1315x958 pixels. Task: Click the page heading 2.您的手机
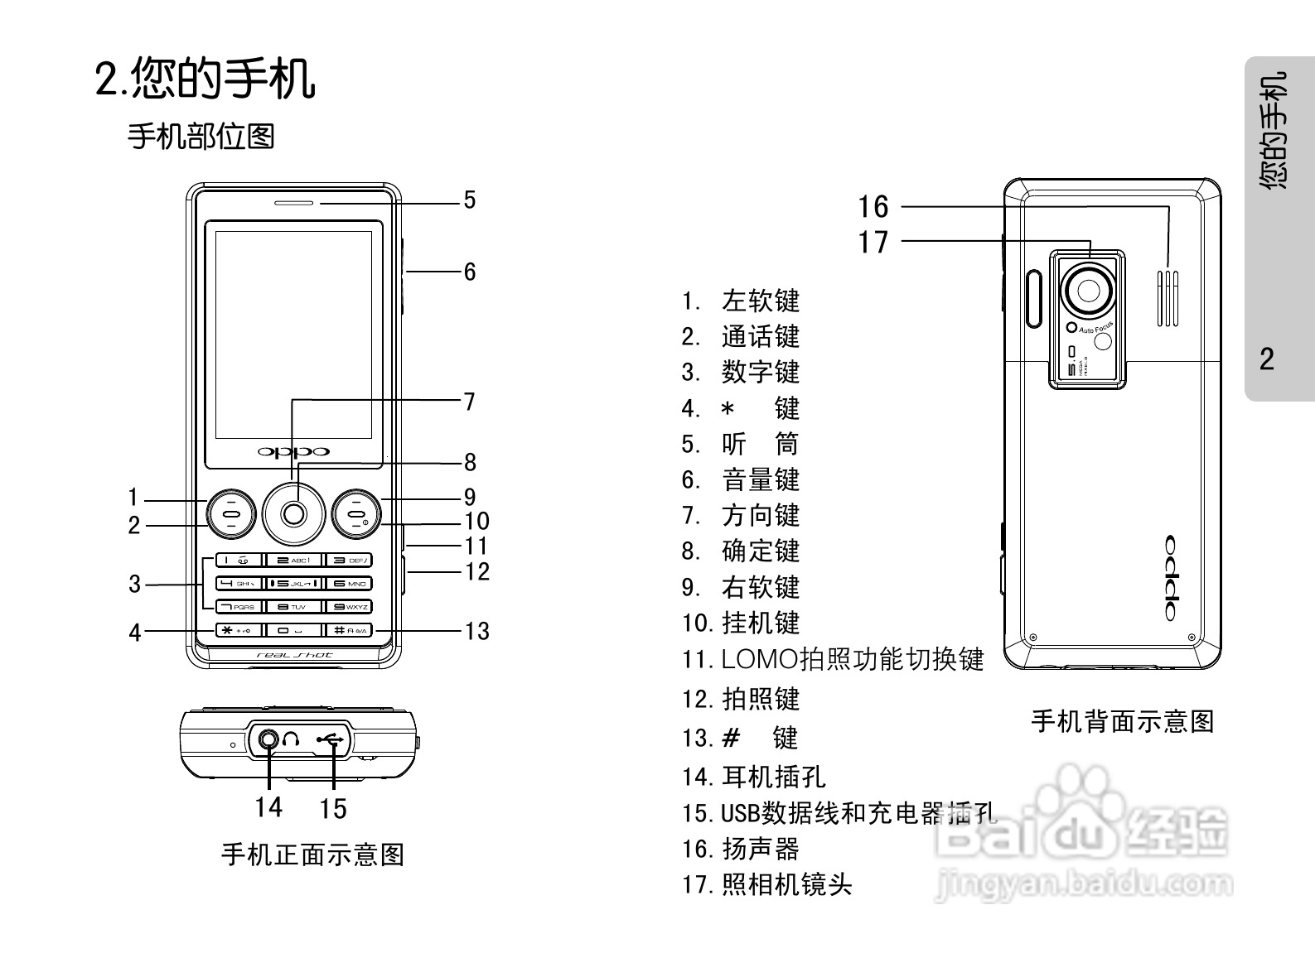pyautogui.click(x=205, y=79)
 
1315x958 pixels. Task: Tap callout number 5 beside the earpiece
pyautogui.click(x=470, y=200)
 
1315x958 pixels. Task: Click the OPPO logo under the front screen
pyautogui.click(x=293, y=451)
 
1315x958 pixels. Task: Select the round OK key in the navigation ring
pyautogui.click(x=293, y=514)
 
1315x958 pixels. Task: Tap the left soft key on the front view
pyautogui.click(x=230, y=513)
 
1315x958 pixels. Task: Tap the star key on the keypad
pyautogui.click(x=239, y=630)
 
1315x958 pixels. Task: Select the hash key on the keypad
pyautogui.click(x=348, y=630)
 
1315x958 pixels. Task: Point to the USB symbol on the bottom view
pyautogui.click(x=331, y=739)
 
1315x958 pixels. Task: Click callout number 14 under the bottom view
pyautogui.click(x=268, y=807)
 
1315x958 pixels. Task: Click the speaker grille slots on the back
pyautogui.click(x=1168, y=298)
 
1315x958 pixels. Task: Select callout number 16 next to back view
pyautogui.click(x=873, y=207)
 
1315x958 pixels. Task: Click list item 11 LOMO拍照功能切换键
pyautogui.click(x=833, y=659)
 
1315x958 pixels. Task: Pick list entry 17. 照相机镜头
pyautogui.click(x=766, y=884)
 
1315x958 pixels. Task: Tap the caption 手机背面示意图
pyautogui.click(x=1122, y=721)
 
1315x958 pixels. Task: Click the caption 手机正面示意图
pyautogui.click(x=312, y=854)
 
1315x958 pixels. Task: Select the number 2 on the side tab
pyautogui.click(x=1267, y=359)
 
